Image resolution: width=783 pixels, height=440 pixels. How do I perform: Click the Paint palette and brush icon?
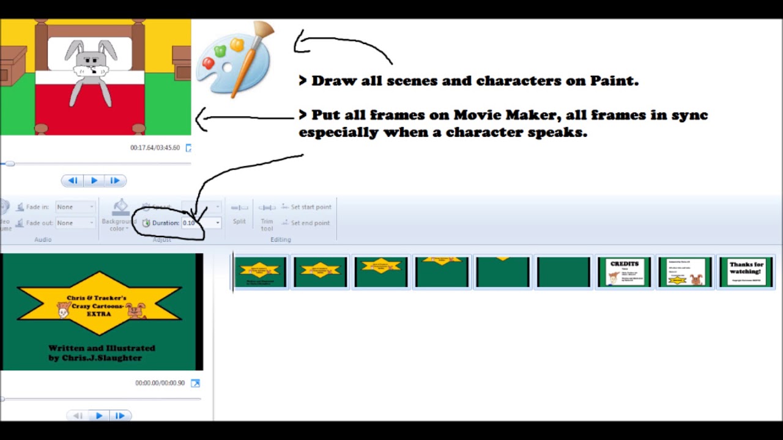[234, 59]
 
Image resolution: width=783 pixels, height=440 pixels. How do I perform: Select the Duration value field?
[197, 223]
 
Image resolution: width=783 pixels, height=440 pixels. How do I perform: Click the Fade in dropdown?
[75, 207]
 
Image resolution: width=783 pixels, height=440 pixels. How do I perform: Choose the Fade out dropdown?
[75, 223]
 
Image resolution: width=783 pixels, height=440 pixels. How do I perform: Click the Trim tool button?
[267, 217]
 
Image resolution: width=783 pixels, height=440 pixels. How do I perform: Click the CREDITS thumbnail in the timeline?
[624, 272]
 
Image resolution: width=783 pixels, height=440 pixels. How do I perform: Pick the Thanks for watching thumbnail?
[746, 272]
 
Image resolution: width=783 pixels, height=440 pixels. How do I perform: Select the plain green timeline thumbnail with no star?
[563, 272]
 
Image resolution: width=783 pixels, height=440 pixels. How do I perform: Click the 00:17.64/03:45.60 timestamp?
[155, 148]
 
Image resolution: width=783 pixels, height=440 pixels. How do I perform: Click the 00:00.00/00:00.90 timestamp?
[160, 383]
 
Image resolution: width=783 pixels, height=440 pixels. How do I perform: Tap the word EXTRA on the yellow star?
[98, 314]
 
